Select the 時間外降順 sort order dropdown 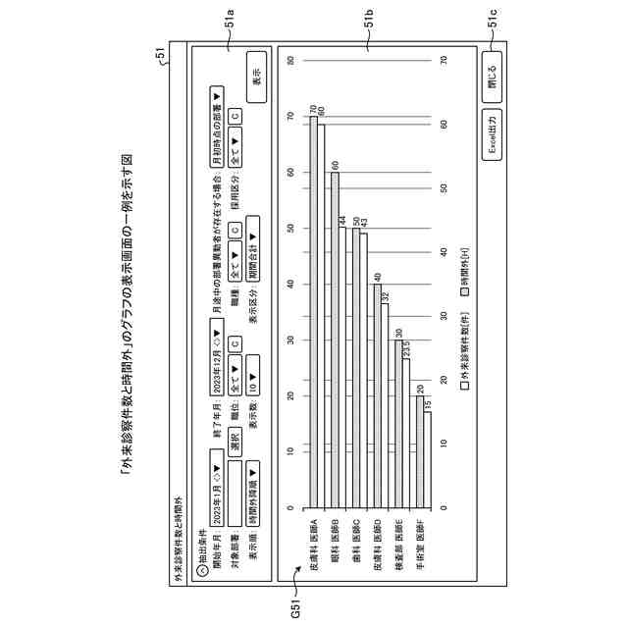pos(252,475)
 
